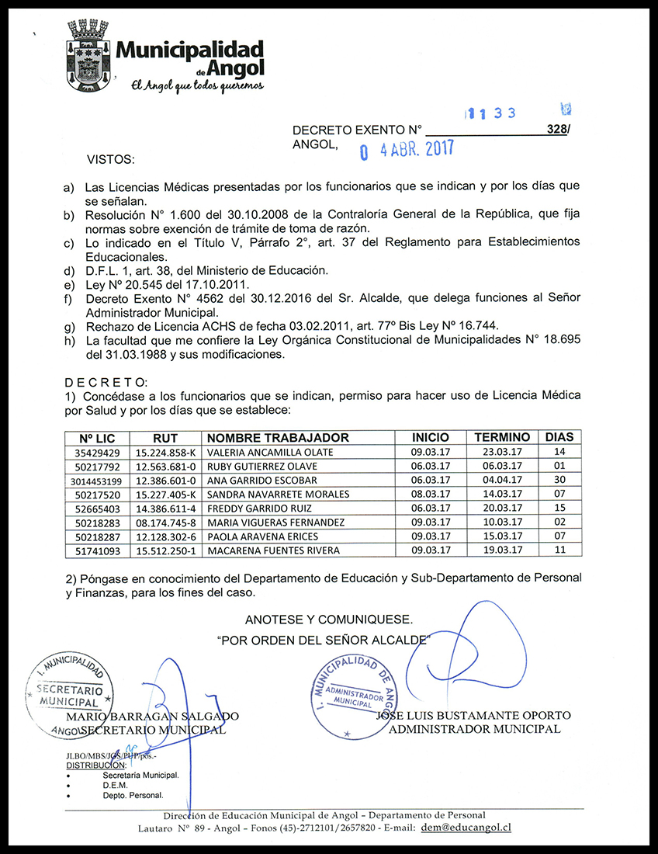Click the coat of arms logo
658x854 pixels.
(87, 56)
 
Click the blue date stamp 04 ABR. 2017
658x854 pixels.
(406, 149)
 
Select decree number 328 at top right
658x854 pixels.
(556, 130)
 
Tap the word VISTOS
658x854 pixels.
(110, 159)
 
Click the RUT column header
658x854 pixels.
(165, 438)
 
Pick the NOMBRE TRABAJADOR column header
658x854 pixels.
(278, 438)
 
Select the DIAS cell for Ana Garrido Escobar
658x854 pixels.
(559, 481)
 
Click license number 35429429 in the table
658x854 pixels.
(97, 453)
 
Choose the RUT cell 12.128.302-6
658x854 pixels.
(165, 536)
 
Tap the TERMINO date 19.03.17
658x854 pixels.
(501, 550)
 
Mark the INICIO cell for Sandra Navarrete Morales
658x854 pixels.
(430, 495)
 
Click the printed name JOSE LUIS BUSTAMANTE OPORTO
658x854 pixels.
(473, 715)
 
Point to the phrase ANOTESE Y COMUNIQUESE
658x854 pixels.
(329, 620)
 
